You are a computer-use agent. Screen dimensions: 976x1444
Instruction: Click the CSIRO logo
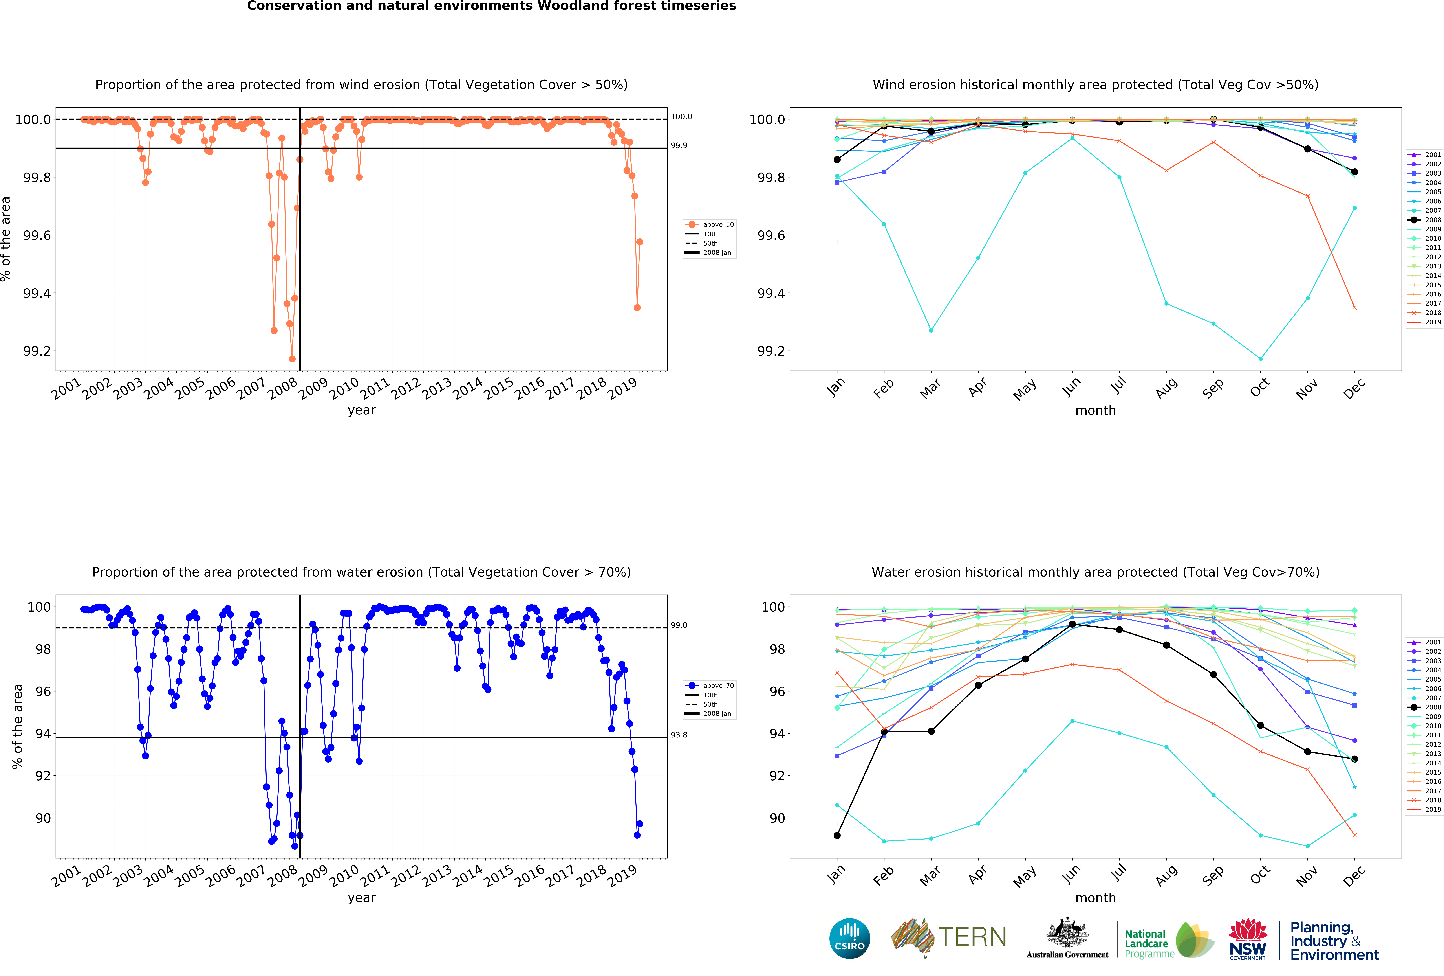(x=849, y=938)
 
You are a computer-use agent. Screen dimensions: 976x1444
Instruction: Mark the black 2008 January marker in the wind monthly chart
(x=837, y=160)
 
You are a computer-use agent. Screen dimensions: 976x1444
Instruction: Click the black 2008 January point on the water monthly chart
(x=837, y=836)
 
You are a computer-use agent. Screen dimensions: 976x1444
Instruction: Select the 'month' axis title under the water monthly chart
(x=1095, y=898)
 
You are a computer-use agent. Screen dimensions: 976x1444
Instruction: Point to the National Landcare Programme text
(x=1146, y=944)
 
